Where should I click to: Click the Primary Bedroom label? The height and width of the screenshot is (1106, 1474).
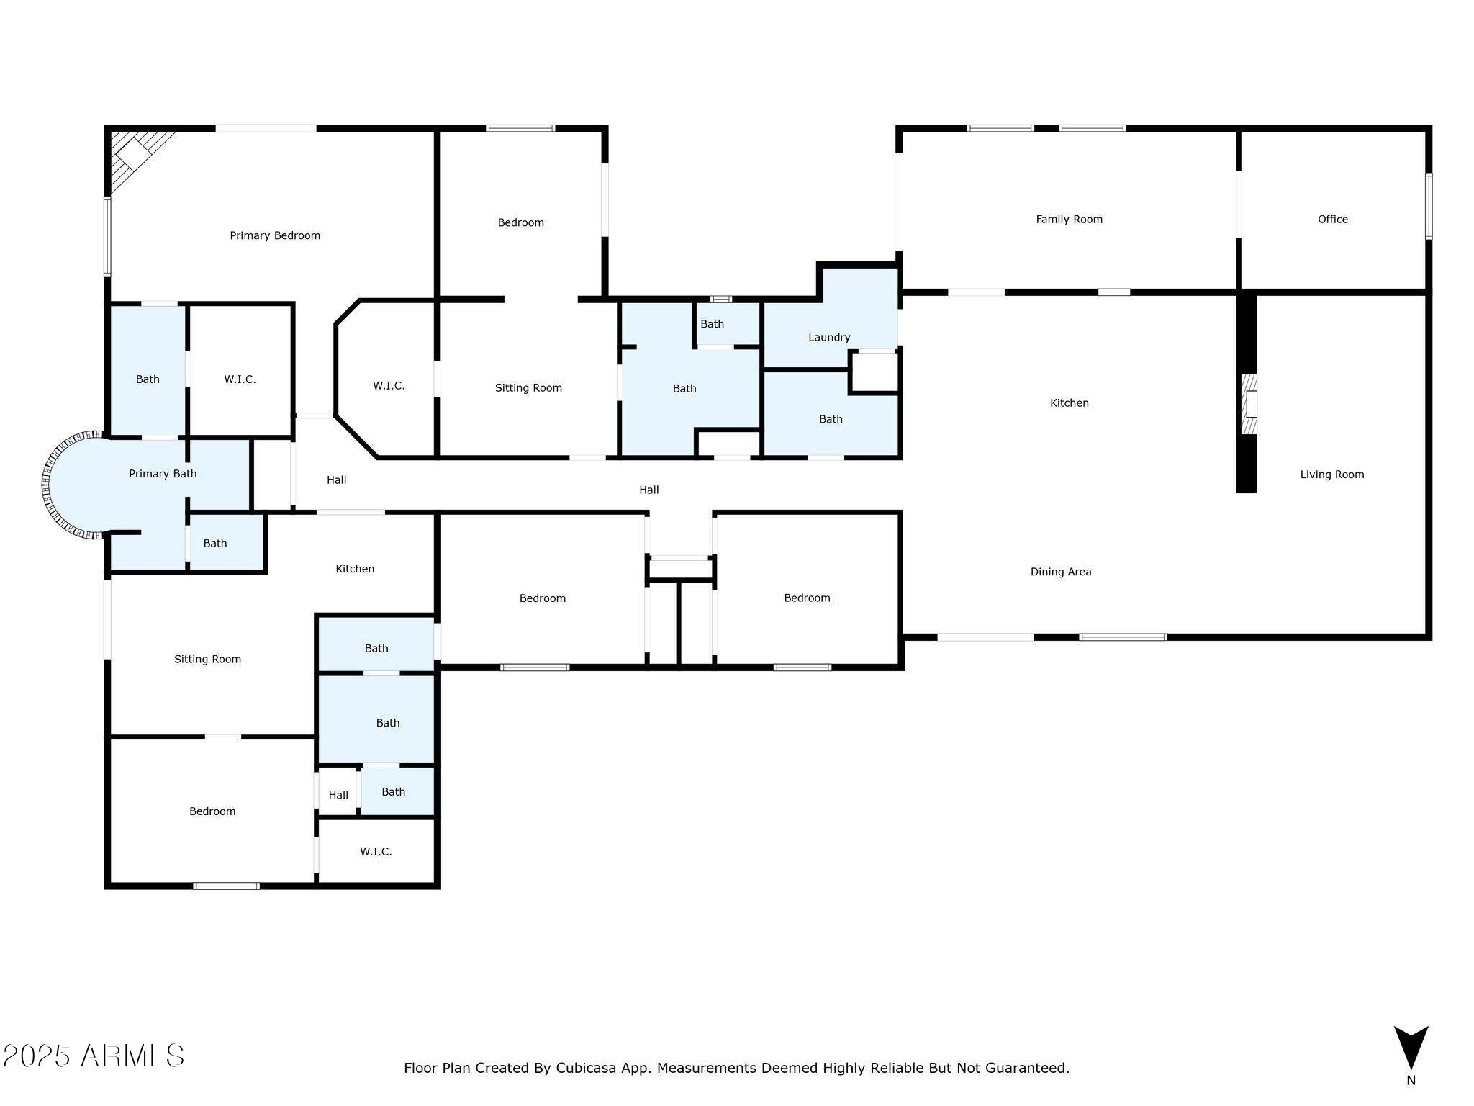coord(275,235)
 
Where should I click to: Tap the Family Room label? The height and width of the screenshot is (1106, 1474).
coord(1069,220)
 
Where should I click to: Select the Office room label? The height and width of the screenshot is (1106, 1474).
coord(1333,220)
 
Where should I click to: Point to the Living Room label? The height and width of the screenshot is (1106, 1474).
coord(1332,475)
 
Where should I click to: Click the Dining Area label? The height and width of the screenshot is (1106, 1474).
coord(1061,572)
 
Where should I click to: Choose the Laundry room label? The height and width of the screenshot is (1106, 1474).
coord(829,338)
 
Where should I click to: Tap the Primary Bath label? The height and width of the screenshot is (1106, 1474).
coord(163,474)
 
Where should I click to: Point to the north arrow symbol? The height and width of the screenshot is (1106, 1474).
coord(1411,1048)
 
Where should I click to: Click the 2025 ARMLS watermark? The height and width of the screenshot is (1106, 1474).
coord(94,1056)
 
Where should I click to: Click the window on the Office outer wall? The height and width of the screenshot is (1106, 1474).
coord(1429,206)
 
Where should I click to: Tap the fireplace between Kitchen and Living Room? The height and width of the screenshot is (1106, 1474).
coord(1249,404)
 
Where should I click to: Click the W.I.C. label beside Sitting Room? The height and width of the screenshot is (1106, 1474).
coord(389,386)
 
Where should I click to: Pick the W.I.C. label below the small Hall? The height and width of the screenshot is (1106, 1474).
coord(376,852)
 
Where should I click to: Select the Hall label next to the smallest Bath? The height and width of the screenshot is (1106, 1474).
coord(338,796)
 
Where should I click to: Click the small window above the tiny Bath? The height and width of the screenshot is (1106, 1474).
coord(721,299)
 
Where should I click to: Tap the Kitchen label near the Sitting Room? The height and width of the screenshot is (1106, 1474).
coord(355,569)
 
